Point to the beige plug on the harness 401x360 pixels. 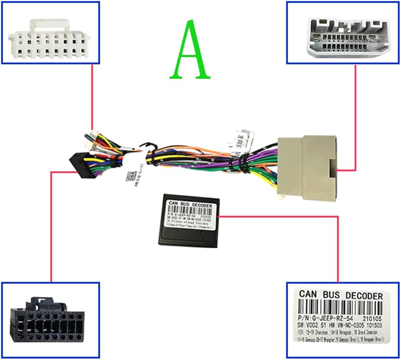coord(308,165)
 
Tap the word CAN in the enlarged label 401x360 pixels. coord(309,295)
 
